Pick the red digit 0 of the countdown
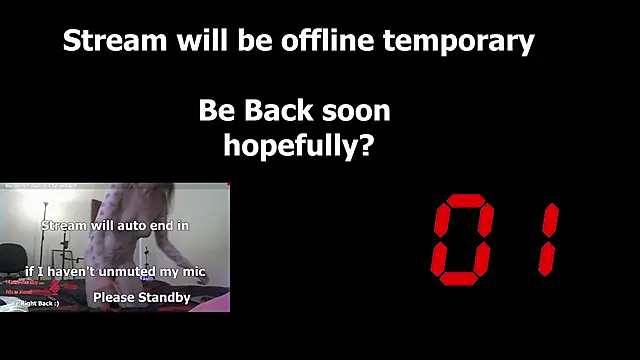coord(463,237)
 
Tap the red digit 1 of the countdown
coord(546,237)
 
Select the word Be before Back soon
coord(215,110)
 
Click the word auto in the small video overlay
coord(128,226)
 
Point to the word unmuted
coord(129,271)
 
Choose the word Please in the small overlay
coord(113,298)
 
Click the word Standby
coord(164,298)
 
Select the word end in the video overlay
coord(160,226)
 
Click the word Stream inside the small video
coord(64,226)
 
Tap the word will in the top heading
coord(197,41)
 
